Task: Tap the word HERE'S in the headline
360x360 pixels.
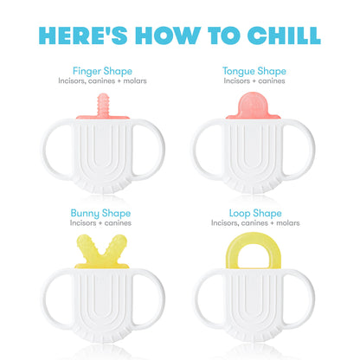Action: pos(83,35)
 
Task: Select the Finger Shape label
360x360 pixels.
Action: pos(102,71)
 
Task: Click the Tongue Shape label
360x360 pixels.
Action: pos(254,71)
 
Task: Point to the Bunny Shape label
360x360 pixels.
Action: pos(100,214)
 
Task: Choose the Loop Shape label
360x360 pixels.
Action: pos(255,214)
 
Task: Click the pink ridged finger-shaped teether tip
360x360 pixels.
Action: pos(103,104)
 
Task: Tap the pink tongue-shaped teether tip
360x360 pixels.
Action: pos(253,104)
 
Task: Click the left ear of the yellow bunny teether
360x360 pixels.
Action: pos(86,245)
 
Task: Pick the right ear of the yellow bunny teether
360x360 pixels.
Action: pos(117,245)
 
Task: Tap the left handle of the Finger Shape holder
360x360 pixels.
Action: pos(48,150)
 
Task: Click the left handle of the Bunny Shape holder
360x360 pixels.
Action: pos(48,299)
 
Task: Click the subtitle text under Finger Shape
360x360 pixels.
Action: pos(102,80)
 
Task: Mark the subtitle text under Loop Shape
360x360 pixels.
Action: pos(255,223)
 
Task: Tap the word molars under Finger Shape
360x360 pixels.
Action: pos(135,81)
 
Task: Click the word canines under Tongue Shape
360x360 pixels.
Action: pos(272,81)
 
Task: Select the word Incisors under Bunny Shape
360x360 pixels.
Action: pos(82,223)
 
